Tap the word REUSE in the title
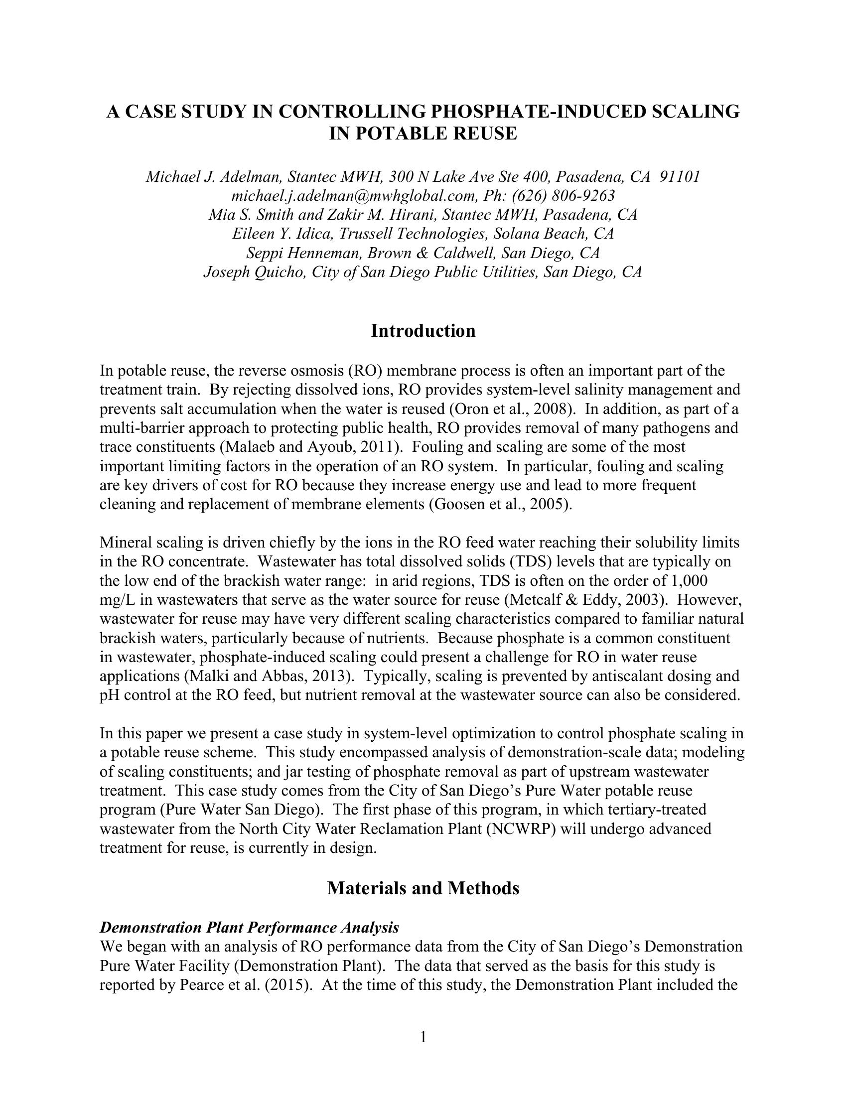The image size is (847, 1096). click(485, 134)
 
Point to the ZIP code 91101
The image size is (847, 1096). click(680, 177)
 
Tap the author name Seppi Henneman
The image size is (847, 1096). click(304, 253)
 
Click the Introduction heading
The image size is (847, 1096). click(423, 331)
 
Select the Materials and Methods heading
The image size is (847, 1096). click(423, 888)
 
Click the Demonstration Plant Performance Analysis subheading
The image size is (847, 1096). click(250, 928)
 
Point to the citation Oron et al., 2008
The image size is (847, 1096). click(512, 410)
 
